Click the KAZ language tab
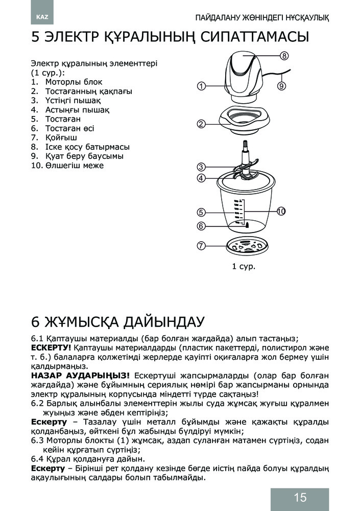41,17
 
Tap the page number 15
300,498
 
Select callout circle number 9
281,86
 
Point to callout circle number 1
202,86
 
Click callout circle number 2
202,124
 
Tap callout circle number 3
202,167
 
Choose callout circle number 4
202,178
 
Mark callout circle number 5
202,212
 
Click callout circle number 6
202,225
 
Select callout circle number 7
202,246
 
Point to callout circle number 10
281,211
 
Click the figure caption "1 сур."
244,267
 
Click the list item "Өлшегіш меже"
74,166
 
